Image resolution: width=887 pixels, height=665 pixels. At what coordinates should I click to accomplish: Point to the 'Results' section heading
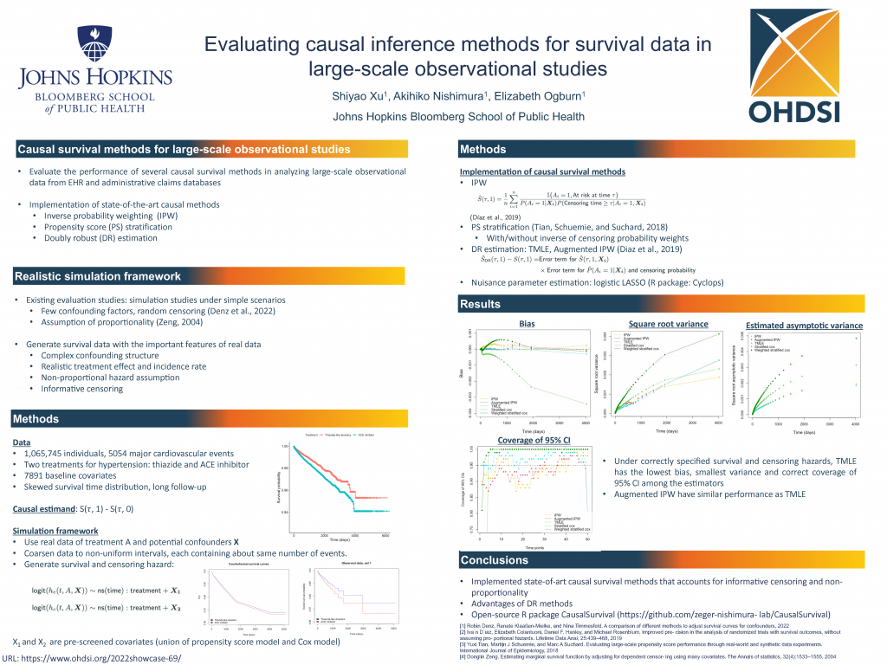(x=481, y=304)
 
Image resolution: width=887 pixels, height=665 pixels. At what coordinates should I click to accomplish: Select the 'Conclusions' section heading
(x=494, y=559)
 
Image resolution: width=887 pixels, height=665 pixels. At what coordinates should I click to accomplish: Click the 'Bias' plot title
(x=527, y=323)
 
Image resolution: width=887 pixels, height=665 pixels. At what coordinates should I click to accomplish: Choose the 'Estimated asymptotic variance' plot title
(x=804, y=326)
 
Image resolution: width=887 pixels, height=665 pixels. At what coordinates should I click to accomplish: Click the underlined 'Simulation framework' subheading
(x=55, y=530)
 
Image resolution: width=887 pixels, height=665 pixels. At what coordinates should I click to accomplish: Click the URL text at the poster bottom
(x=92, y=657)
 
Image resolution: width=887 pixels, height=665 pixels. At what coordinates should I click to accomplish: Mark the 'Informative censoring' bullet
(x=82, y=389)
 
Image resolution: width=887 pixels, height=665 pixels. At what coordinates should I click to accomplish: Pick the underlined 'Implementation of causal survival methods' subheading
(x=542, y=172)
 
